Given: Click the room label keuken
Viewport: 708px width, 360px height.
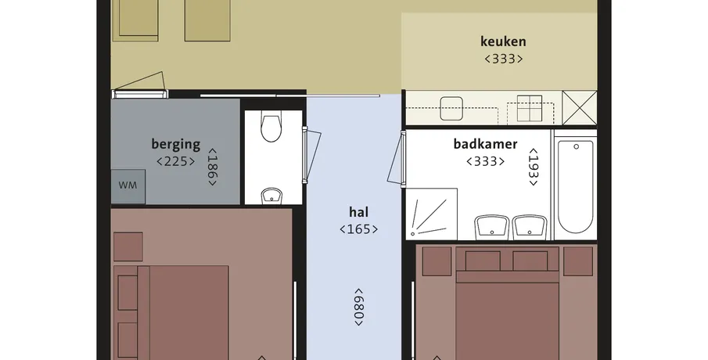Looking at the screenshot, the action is pos(503,41).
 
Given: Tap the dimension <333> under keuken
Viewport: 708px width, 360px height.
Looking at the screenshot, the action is pos(504,59).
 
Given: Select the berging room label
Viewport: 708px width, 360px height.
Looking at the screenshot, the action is pos(176,145).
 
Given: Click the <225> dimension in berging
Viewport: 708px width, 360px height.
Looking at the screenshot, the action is pos(176,161).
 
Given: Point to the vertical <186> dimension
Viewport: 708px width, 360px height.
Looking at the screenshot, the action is pos(212,167).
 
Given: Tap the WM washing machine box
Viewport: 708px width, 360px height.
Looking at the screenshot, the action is pos(128,186).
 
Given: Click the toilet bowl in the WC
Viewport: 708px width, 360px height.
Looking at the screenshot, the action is pos(271,128).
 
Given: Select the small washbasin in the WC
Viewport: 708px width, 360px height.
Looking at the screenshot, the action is pos(271,196).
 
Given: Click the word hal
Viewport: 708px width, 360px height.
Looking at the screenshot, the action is pos(358,212).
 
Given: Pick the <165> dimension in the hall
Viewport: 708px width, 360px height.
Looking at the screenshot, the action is pos(358,229).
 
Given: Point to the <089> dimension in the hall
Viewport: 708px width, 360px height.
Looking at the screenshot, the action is pos(358,307).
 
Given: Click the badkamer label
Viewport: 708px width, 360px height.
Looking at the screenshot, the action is pos(485,144).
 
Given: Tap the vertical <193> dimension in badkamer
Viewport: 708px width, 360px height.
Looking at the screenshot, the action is pos(534,167).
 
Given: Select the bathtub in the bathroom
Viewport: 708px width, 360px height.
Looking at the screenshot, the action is pos(575,186).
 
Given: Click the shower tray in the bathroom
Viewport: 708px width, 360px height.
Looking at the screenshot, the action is pos(432,214).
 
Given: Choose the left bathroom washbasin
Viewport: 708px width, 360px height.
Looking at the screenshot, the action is pos(492,227).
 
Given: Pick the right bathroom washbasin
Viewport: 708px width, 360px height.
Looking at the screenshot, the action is pos(530,227).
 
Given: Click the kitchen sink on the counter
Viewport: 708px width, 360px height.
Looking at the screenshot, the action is pos(451,109).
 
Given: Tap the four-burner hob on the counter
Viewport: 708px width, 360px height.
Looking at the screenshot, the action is pos(529,109).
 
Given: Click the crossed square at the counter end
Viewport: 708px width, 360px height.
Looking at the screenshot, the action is pos(580,107).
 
